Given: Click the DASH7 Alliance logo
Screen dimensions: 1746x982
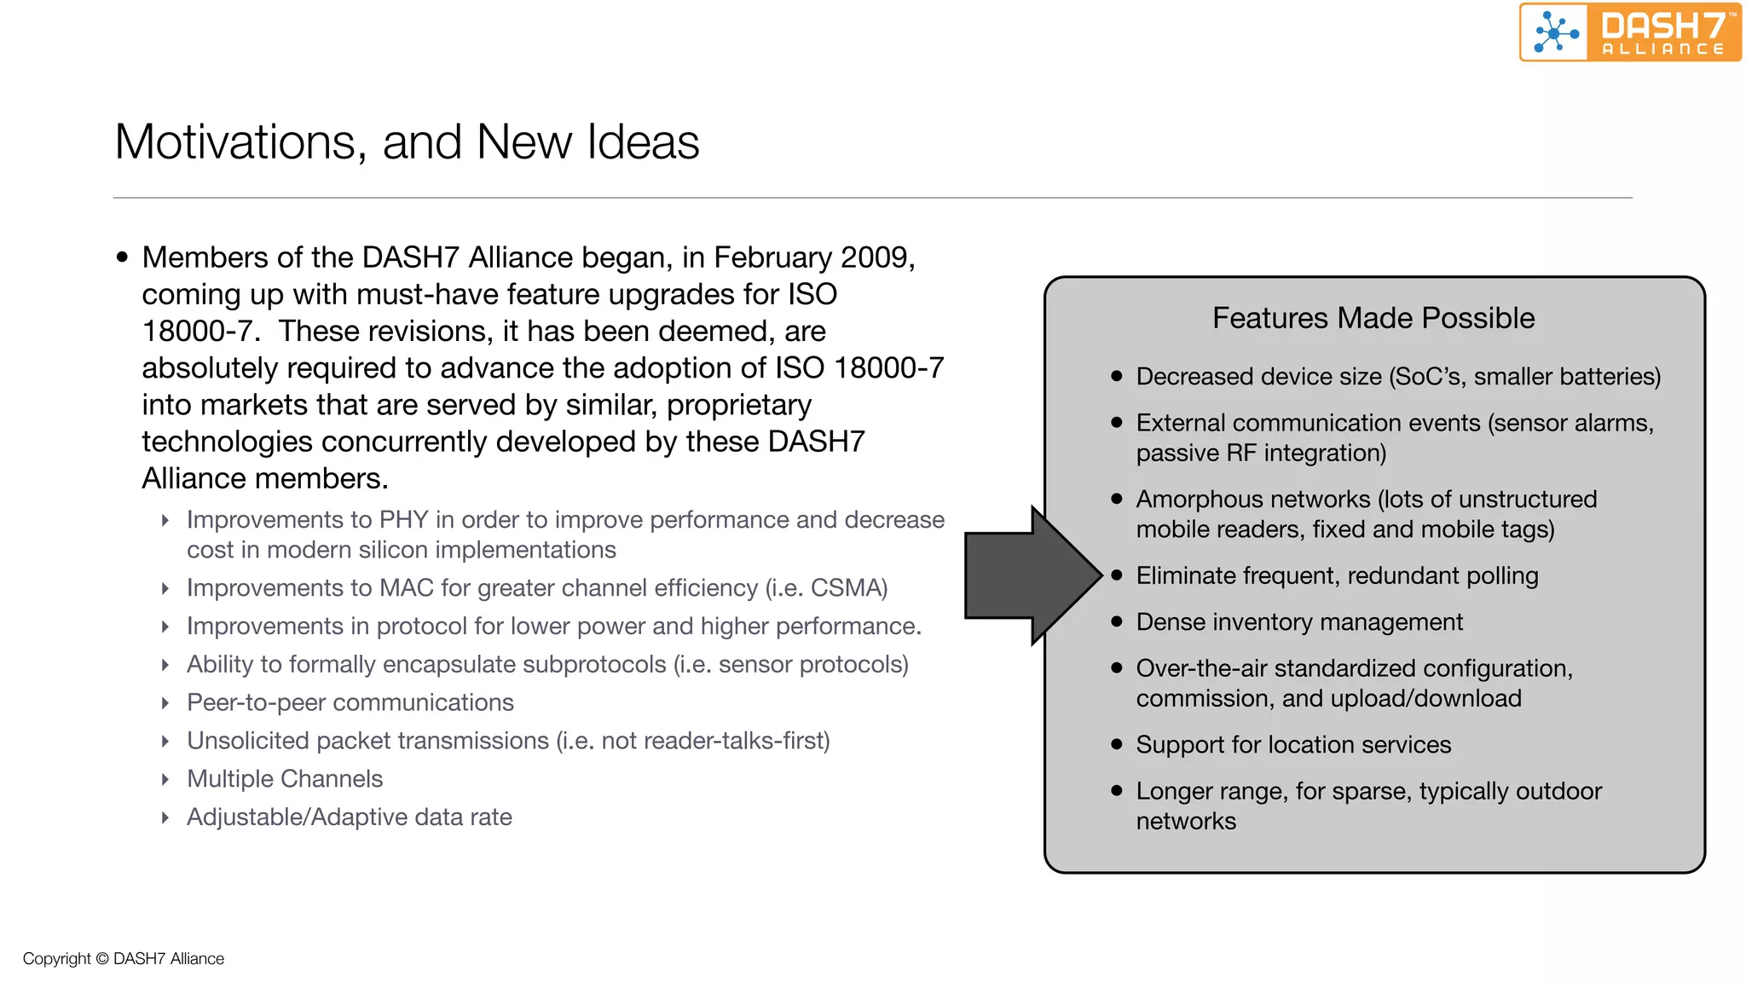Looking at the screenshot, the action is [1629, 32].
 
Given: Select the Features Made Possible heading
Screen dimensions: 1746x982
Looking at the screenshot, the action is [1373, 318].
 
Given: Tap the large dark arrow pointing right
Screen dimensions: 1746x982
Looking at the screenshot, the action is [1032, 575].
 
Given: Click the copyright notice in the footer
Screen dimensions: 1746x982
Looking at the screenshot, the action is [124, 958].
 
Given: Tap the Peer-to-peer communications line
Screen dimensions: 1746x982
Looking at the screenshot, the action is [350, 702].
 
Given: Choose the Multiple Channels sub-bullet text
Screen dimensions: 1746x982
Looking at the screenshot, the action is [285, 779].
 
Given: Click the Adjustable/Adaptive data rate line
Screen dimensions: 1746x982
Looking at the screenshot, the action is [350, 817].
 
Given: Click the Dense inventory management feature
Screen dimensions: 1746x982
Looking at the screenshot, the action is [1298, 622].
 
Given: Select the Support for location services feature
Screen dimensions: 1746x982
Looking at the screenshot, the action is [1292, 745].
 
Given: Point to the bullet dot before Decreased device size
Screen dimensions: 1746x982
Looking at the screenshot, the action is [1117, 376].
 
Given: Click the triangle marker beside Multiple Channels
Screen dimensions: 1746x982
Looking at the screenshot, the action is [165, 780].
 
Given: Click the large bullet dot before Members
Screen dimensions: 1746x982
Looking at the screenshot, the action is [122, 257].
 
